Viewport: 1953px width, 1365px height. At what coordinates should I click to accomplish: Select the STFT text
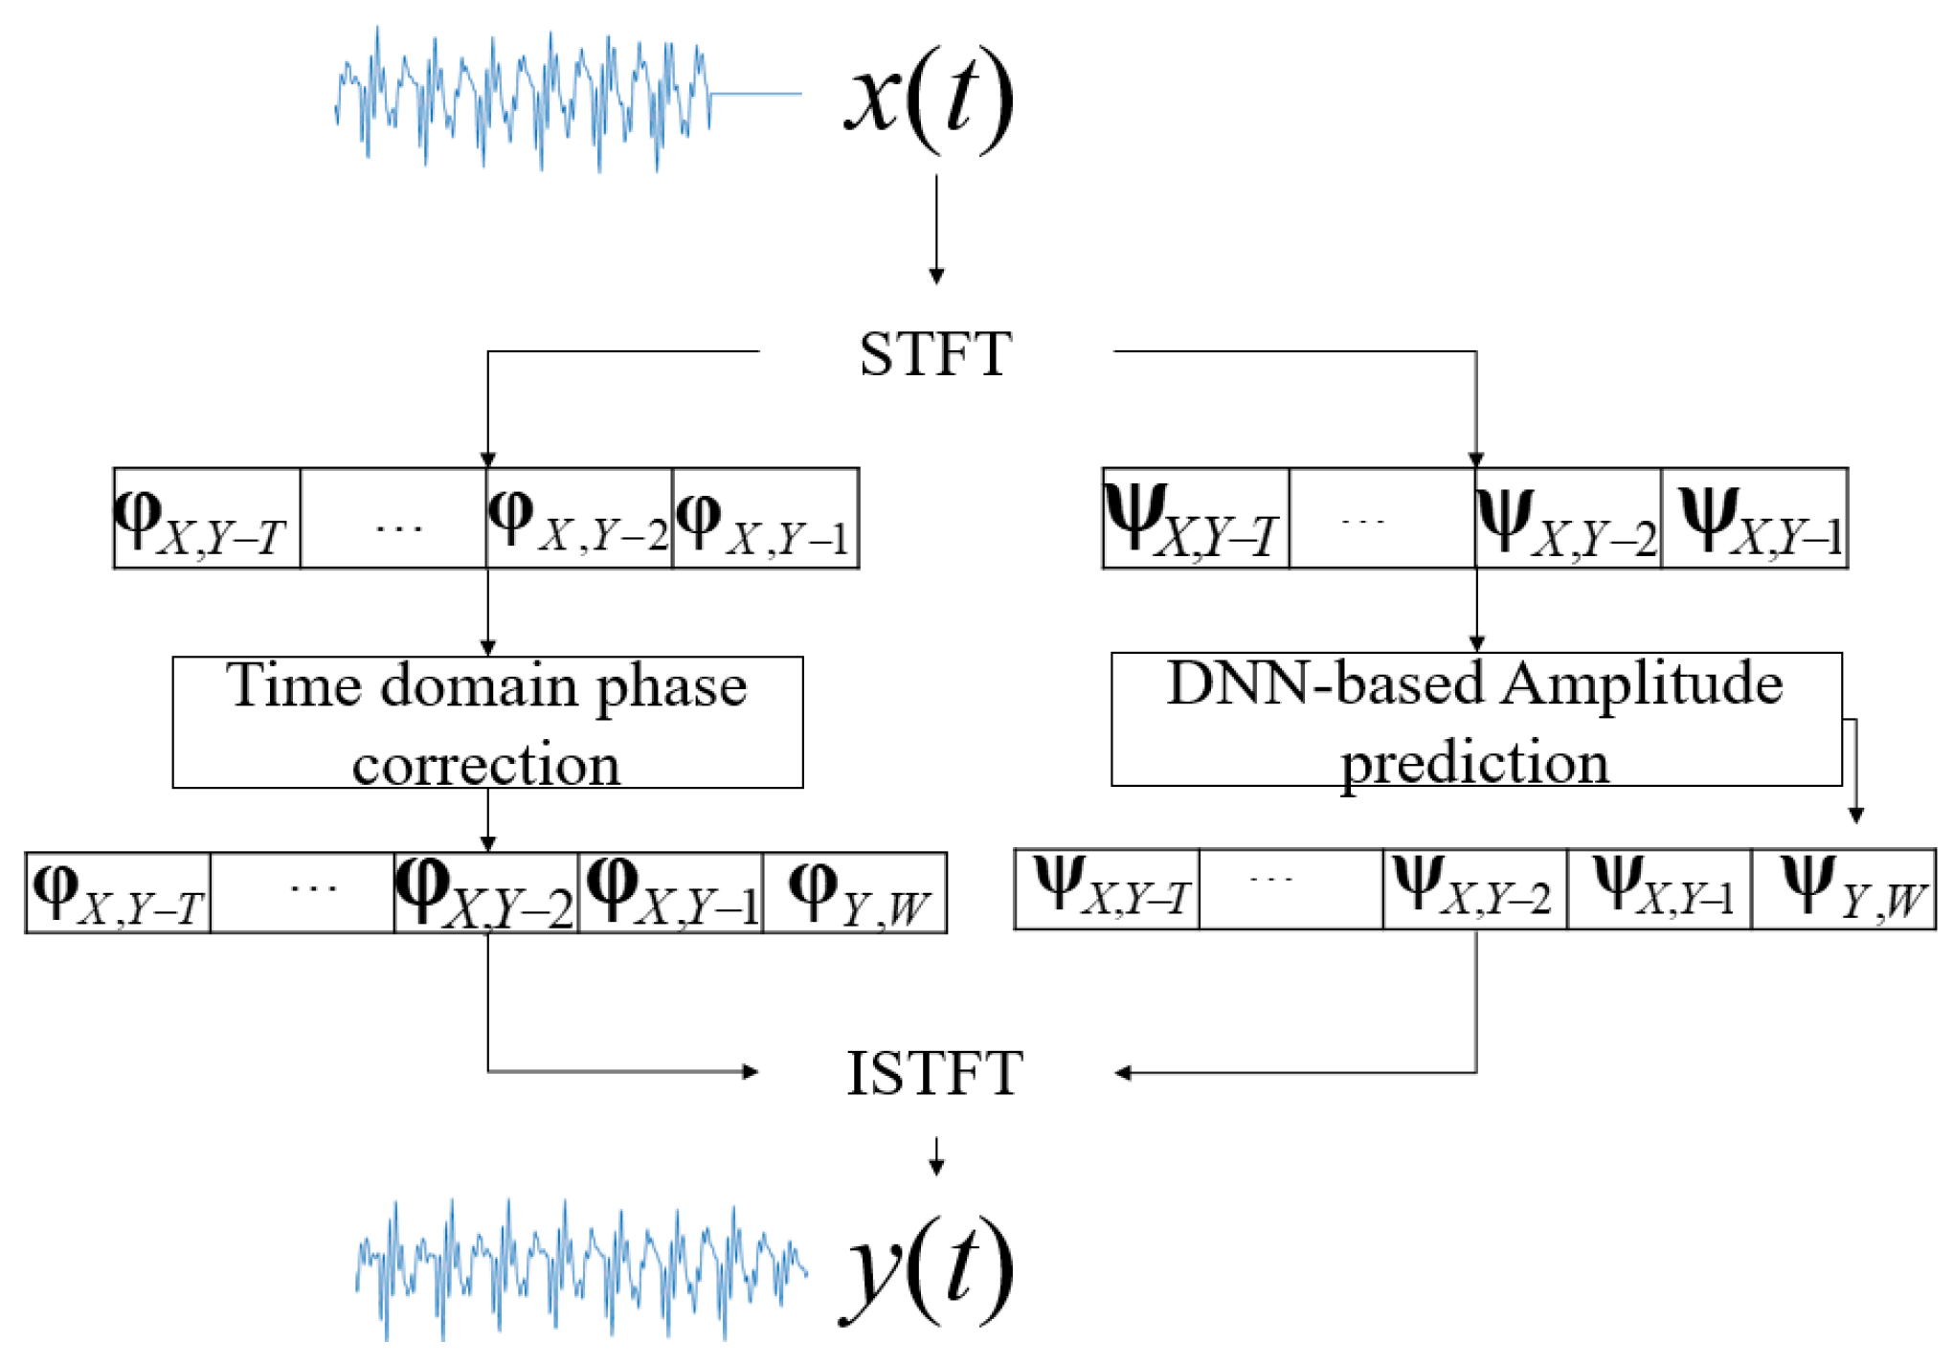tap(935, 354)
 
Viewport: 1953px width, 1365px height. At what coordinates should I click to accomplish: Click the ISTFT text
tap(935, 1073)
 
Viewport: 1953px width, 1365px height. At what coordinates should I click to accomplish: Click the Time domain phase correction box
tap(487, 723)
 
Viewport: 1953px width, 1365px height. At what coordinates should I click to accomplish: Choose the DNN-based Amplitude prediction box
tap(1475, 720)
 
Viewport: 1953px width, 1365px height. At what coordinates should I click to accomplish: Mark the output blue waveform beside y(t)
tap(579, 1268)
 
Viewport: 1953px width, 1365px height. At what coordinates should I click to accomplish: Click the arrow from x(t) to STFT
tap(936, 230)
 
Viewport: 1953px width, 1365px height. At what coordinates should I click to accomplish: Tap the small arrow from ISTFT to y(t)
tap(936, 1155)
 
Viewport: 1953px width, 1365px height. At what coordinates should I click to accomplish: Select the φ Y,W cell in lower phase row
tap(855, 893)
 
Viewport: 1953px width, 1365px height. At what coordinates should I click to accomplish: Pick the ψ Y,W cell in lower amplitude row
tap(1843, 889)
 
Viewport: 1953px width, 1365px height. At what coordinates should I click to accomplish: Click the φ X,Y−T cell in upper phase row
tap(207, 519)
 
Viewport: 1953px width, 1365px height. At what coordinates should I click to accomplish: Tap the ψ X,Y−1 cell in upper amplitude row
tap(1754, 519)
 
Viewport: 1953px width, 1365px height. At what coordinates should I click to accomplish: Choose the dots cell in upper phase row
tap(393, 519)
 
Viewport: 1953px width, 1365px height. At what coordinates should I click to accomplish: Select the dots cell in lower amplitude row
tap(1291, 889)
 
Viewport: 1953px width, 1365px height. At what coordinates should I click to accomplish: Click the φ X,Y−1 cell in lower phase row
tap(670, 893)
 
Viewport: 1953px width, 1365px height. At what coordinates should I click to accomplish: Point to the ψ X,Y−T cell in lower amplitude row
tap(1107, 889)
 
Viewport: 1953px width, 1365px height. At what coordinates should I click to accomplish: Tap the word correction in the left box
tap(485, 764)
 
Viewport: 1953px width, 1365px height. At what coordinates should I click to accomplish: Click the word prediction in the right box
tap(1474, 763)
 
